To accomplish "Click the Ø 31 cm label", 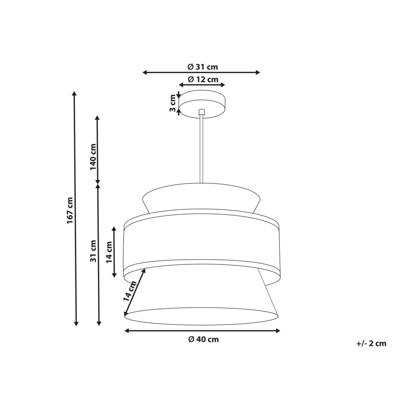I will click(x=203, y=67).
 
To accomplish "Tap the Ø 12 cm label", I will click(x=203, y=80).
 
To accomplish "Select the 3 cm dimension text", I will click(x=173, y=103).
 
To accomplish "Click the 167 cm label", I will click(x=70, y=210).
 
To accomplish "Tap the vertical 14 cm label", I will click(x=109, y=252).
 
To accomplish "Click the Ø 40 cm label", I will click(x=203, y=339).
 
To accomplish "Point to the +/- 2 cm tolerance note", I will click(x=371, y=343).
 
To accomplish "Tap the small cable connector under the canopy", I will click(x=202, y=112).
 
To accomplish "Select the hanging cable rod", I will click(x=202, y=150).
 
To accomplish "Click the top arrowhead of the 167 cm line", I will click(x=75, y=93).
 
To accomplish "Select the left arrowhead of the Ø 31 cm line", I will click(x=145, y=72).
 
